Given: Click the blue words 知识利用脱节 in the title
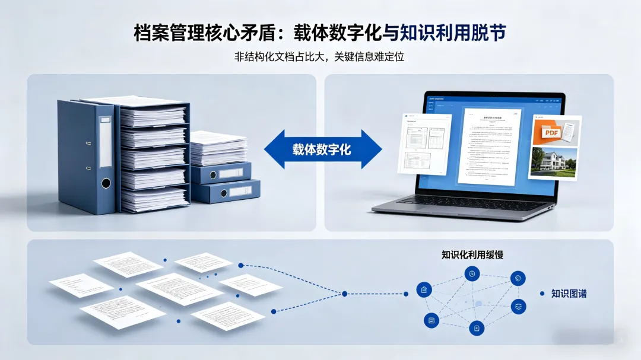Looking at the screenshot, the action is click(x=453, y=33).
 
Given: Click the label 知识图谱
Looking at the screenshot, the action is click(x=569, y=294).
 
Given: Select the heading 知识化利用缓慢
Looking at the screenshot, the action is click(x=472, y=254).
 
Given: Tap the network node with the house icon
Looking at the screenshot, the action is click(x=424, y=290).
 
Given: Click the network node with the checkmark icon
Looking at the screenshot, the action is click(x=518, y=278).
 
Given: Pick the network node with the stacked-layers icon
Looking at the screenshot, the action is click(x=518, y=307).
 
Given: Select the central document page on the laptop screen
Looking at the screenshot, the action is click(x=488, y=145).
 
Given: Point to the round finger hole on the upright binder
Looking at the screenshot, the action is click(x=106, y=183).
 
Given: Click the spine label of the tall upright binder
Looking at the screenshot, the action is click(x=105, y=142).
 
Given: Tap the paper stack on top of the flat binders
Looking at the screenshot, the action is click(x=218, y=148).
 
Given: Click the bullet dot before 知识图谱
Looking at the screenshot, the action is click(x=542, y=294).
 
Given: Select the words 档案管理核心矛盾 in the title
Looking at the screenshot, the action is click(x=191, y=33).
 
